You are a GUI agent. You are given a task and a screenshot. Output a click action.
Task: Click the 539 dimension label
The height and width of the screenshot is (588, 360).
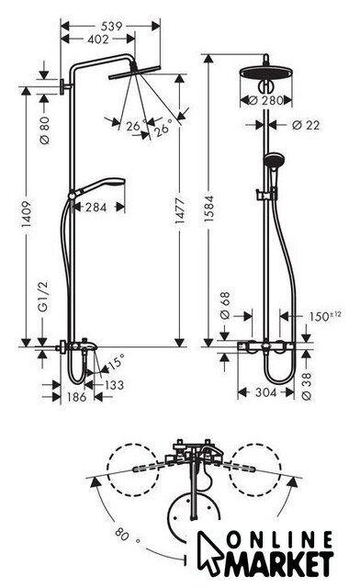tap(112, 26)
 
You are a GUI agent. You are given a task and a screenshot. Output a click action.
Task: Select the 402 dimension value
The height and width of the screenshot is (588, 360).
tap(98, 39)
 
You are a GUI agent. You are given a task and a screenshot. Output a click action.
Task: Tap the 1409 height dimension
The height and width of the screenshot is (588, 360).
tap(26, 214)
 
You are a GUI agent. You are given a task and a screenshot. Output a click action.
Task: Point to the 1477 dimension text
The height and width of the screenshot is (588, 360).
tap(180, 211)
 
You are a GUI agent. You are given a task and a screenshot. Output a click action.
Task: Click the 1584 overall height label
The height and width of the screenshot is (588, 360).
tap(208, 209)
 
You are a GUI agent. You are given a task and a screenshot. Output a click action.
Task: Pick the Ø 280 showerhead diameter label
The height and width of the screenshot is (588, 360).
tap(266, 100)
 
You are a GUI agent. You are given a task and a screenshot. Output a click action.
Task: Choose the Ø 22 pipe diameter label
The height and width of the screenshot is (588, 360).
tap(306, 125)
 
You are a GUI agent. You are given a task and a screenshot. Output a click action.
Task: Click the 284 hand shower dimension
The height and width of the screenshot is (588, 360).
tap(96, 207)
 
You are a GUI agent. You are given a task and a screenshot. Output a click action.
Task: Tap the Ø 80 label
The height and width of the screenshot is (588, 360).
tap(44, 130)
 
